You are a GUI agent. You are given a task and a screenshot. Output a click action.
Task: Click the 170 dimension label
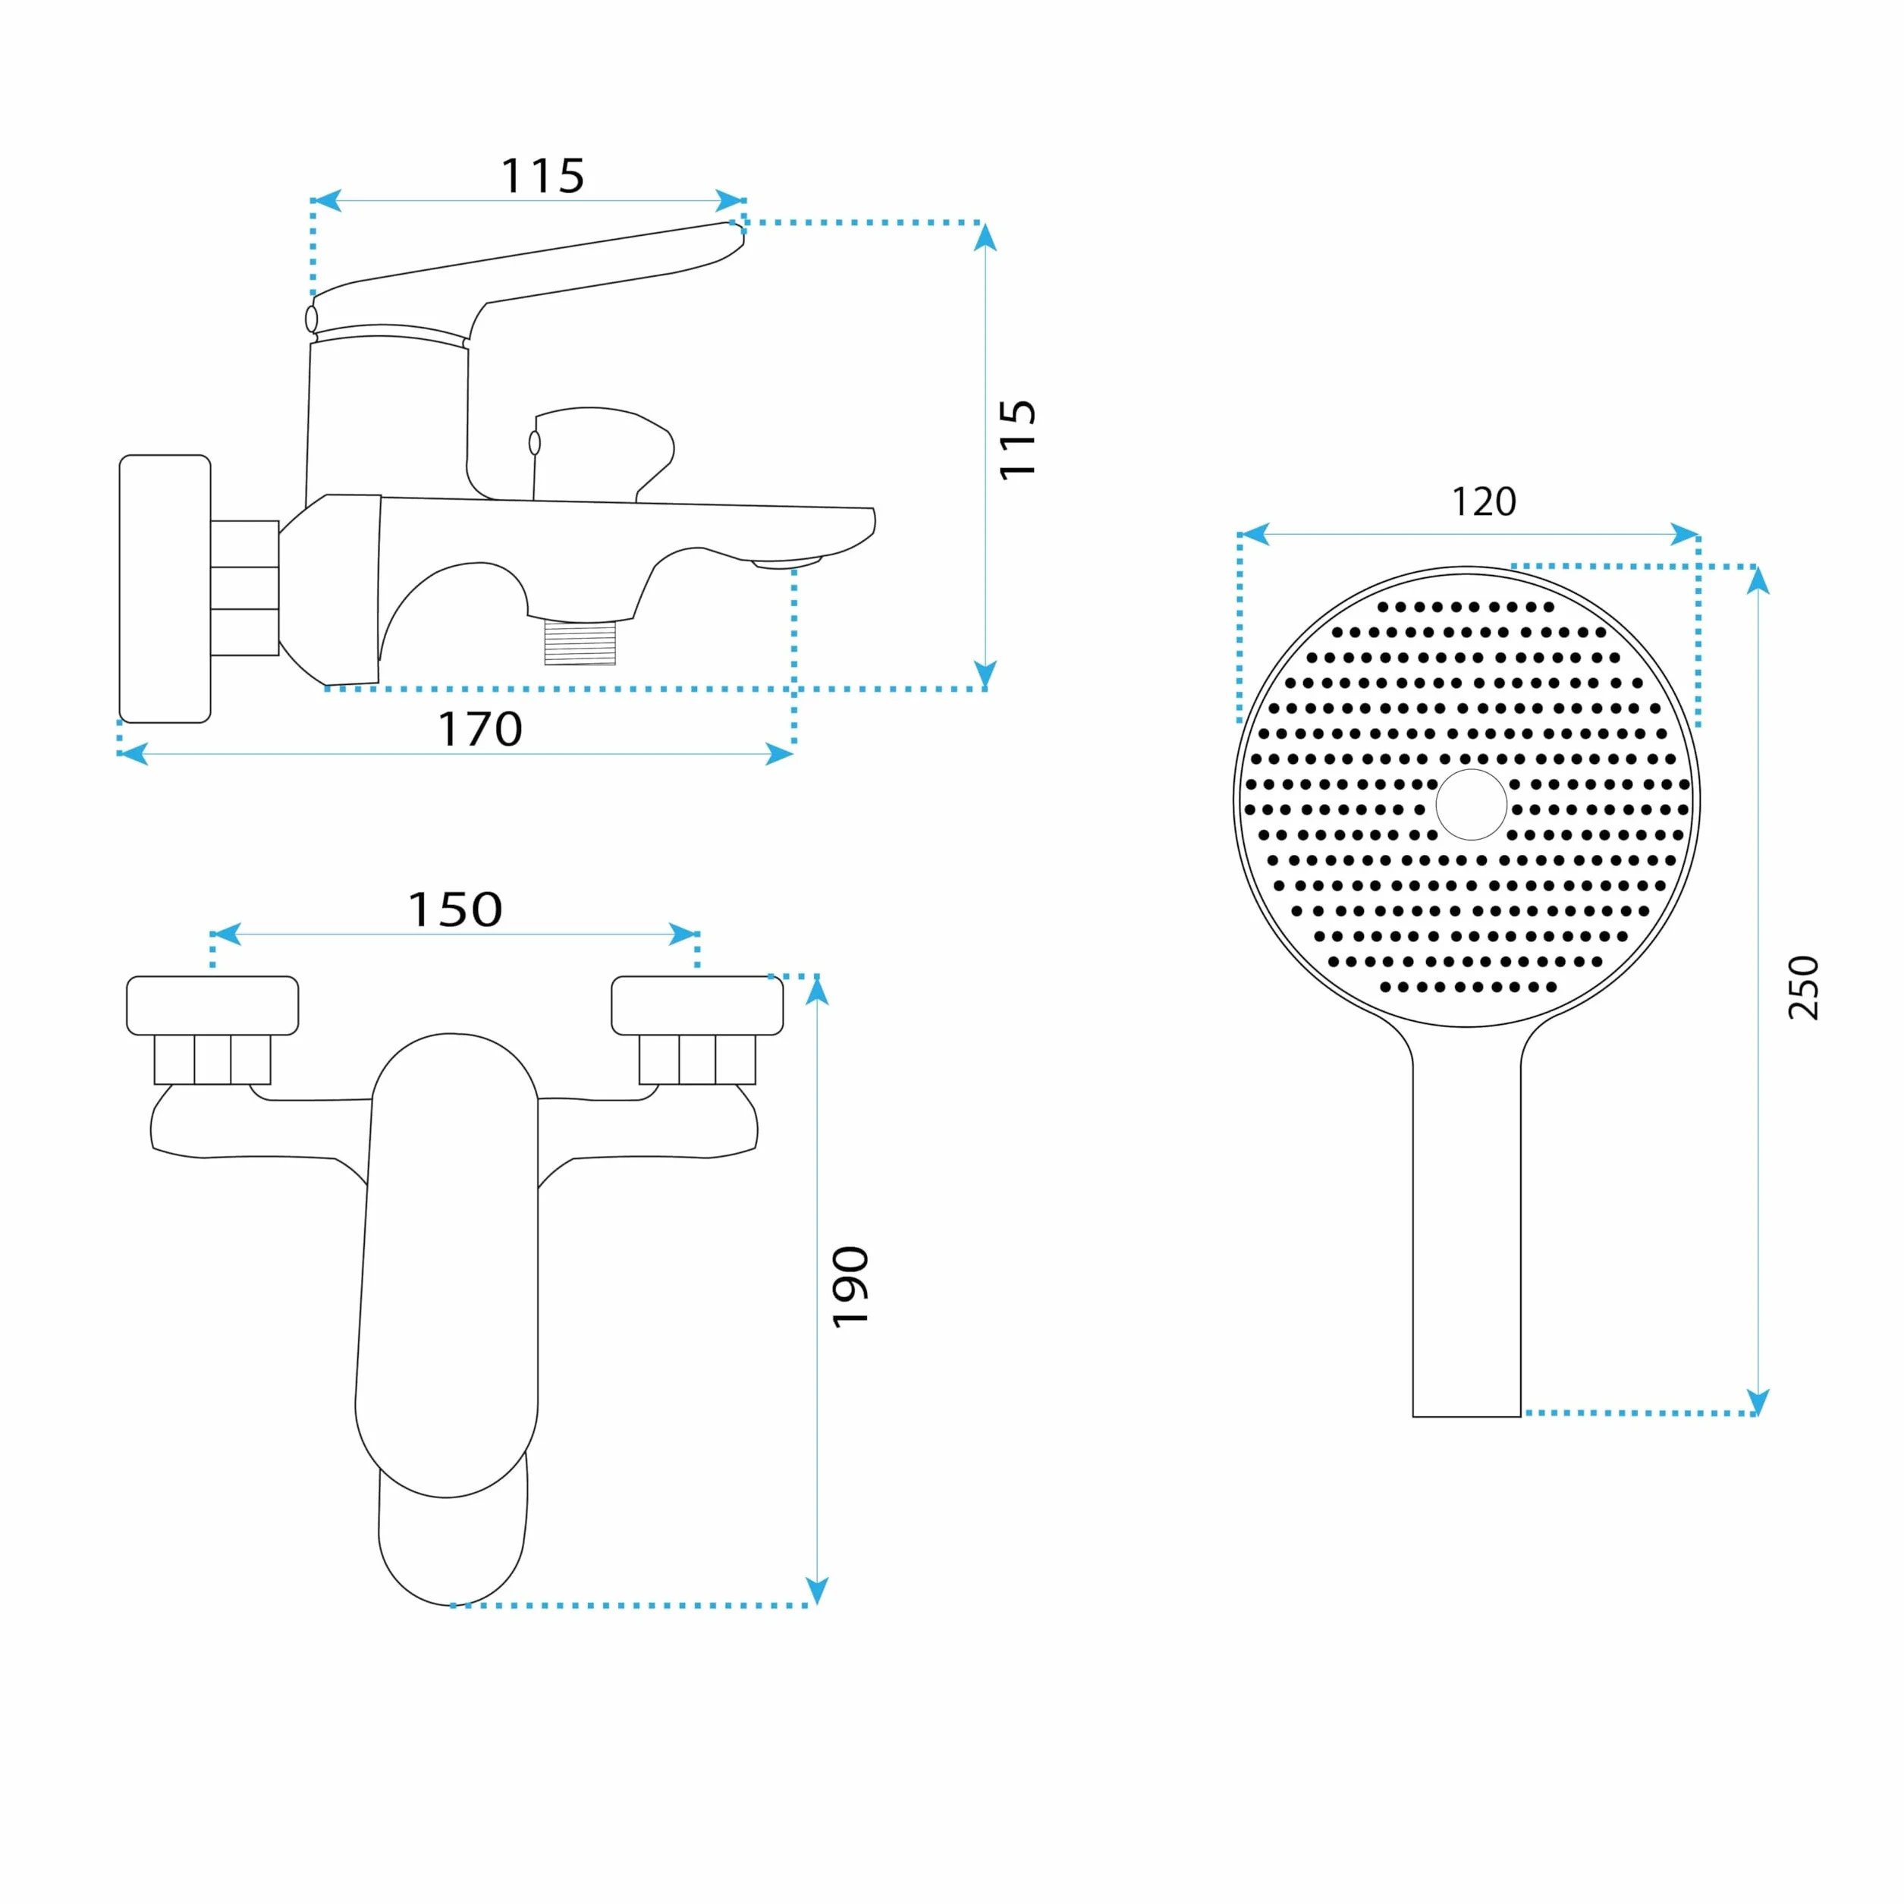pos(480,729)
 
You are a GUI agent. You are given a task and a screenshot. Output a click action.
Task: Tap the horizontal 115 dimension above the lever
pos(543,177)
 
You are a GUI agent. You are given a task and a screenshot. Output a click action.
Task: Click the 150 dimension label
pos(455,910)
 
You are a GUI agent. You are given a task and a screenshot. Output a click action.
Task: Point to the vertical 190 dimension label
pos(850,1287)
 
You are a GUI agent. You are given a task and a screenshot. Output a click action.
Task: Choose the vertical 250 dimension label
pos(1803,988)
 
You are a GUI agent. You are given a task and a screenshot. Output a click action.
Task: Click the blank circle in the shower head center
pos(1472,804)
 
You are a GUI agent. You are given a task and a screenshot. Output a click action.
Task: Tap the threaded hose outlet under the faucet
pos(580,643)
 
